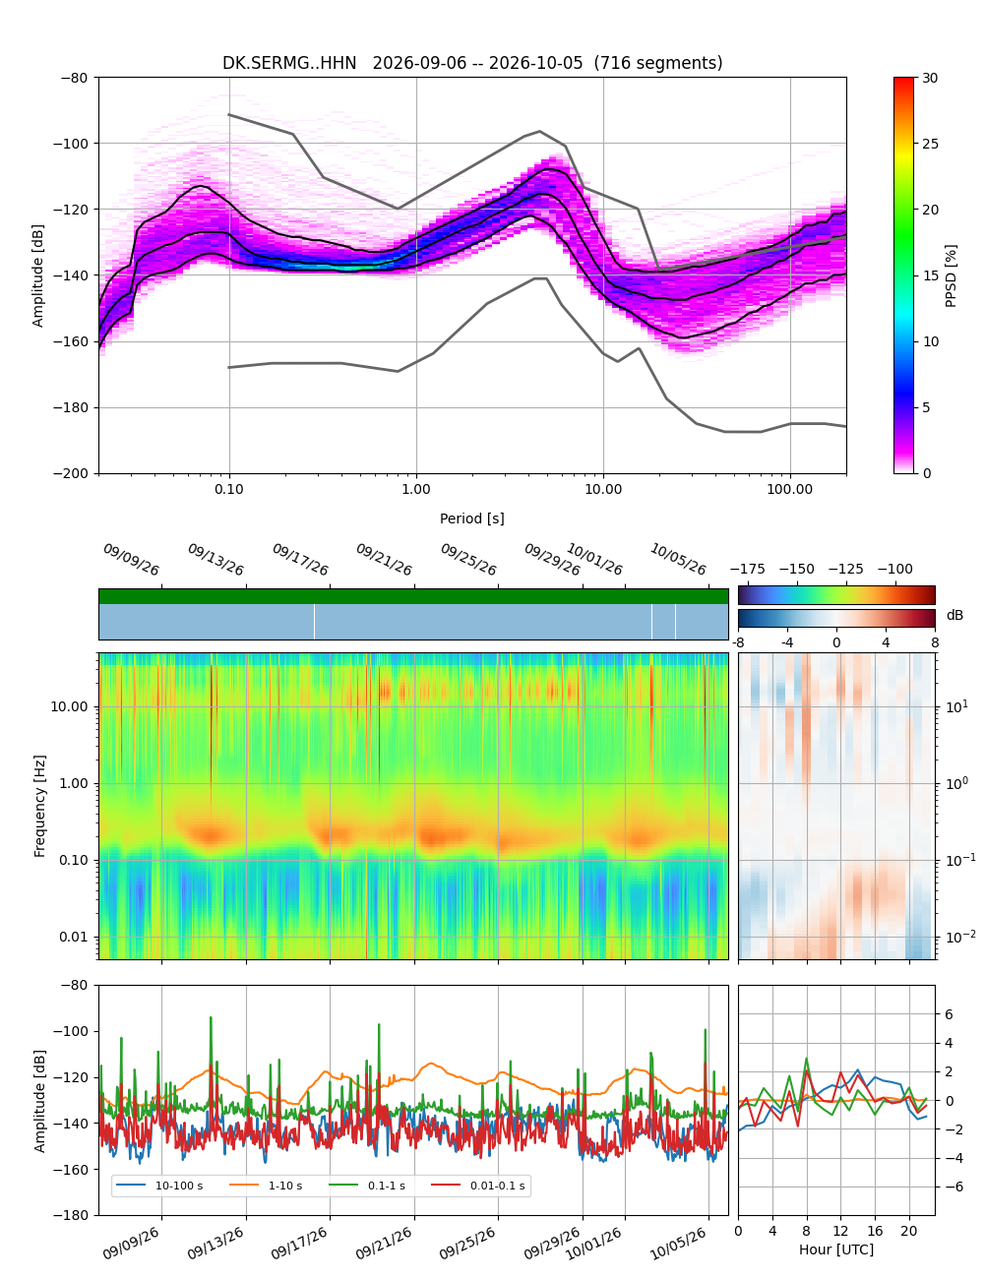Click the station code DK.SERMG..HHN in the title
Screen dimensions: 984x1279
point(289,63)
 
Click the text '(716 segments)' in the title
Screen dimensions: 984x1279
point(658,63)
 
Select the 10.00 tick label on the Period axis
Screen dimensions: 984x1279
point(603,489)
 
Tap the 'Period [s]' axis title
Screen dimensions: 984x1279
point(472,518)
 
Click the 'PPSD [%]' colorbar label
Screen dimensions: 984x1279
point(951,275)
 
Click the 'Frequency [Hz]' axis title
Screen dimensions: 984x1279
point(39,807)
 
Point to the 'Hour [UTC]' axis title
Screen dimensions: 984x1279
point(836,1249)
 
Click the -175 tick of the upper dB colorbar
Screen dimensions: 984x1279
point(748,570)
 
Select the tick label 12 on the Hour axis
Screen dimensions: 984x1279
point(840,1231)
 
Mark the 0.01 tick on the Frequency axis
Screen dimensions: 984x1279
point(74,937)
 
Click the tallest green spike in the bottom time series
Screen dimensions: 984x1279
point(211,1017)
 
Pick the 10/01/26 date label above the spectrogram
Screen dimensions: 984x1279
point(593,559)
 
